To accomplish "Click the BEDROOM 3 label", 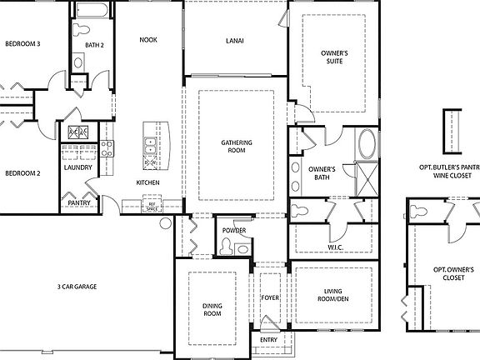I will click(x=23, y=43).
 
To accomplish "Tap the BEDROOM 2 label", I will click(x=22, y=173).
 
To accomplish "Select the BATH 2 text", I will click(x=94, y=45).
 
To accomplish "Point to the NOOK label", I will click(x=148, y=39).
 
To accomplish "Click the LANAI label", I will click(x=234, y=39).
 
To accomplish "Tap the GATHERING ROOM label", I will click(x=236, y=147).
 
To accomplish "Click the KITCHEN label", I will click(x=148, y=182).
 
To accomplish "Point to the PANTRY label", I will click(x=78, y=202).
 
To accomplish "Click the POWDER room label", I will click(x=233, y=230).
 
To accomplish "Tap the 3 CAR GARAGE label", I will click(x=77, y=287).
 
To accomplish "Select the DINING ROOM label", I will click(x=212, y=310).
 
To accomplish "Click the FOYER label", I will click(x=269, y=297).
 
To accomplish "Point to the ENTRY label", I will click(x=268, y=339).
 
